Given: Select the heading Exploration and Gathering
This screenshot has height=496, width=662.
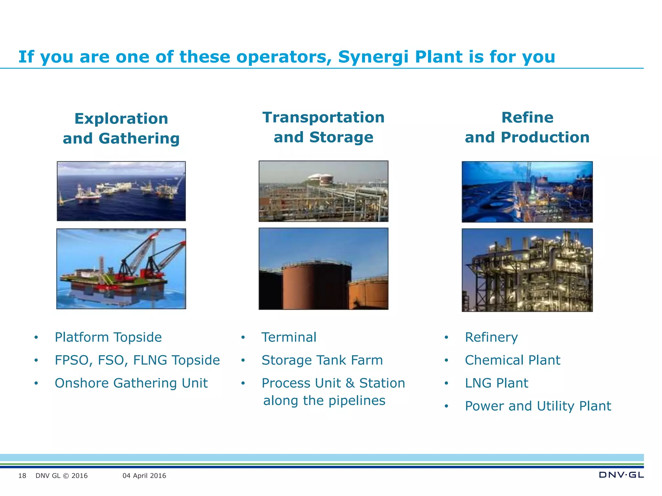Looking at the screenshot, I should tap(121, 129).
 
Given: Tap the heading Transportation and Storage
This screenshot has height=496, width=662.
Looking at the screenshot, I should tap(323, 127).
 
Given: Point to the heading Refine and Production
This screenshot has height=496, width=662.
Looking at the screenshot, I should tap(527, 127).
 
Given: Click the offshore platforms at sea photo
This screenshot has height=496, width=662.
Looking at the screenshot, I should tap(121, 191).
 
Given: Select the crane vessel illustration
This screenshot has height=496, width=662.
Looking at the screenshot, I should tap(121, 269).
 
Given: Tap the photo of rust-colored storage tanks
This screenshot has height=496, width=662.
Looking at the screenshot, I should tap(323, 269).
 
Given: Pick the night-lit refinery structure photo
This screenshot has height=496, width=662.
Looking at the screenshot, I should tap(527, 270).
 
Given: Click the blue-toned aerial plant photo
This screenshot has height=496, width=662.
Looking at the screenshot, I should tap(527, 192).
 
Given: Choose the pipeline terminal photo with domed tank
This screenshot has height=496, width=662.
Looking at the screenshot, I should tap(323, 191).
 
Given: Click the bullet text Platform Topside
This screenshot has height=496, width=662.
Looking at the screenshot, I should tap(108, 337).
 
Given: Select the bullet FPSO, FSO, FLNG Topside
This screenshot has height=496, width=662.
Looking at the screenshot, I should tap(137, 360).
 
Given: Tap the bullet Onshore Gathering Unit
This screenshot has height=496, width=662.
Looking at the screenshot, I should tap(131, 383).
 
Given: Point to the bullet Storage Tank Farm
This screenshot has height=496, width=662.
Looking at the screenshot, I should tap(322, 360).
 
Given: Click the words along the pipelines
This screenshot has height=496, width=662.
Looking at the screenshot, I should tap(324, 401).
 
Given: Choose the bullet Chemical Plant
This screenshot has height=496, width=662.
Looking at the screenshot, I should tap(512, 360).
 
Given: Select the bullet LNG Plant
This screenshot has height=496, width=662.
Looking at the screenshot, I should tap(496, 383).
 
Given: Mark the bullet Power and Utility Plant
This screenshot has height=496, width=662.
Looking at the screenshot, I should tap(538, 406).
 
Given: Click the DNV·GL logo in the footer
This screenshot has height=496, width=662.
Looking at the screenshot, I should tap(621, 475).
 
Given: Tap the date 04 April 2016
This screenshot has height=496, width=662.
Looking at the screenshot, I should tap(144, 476).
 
